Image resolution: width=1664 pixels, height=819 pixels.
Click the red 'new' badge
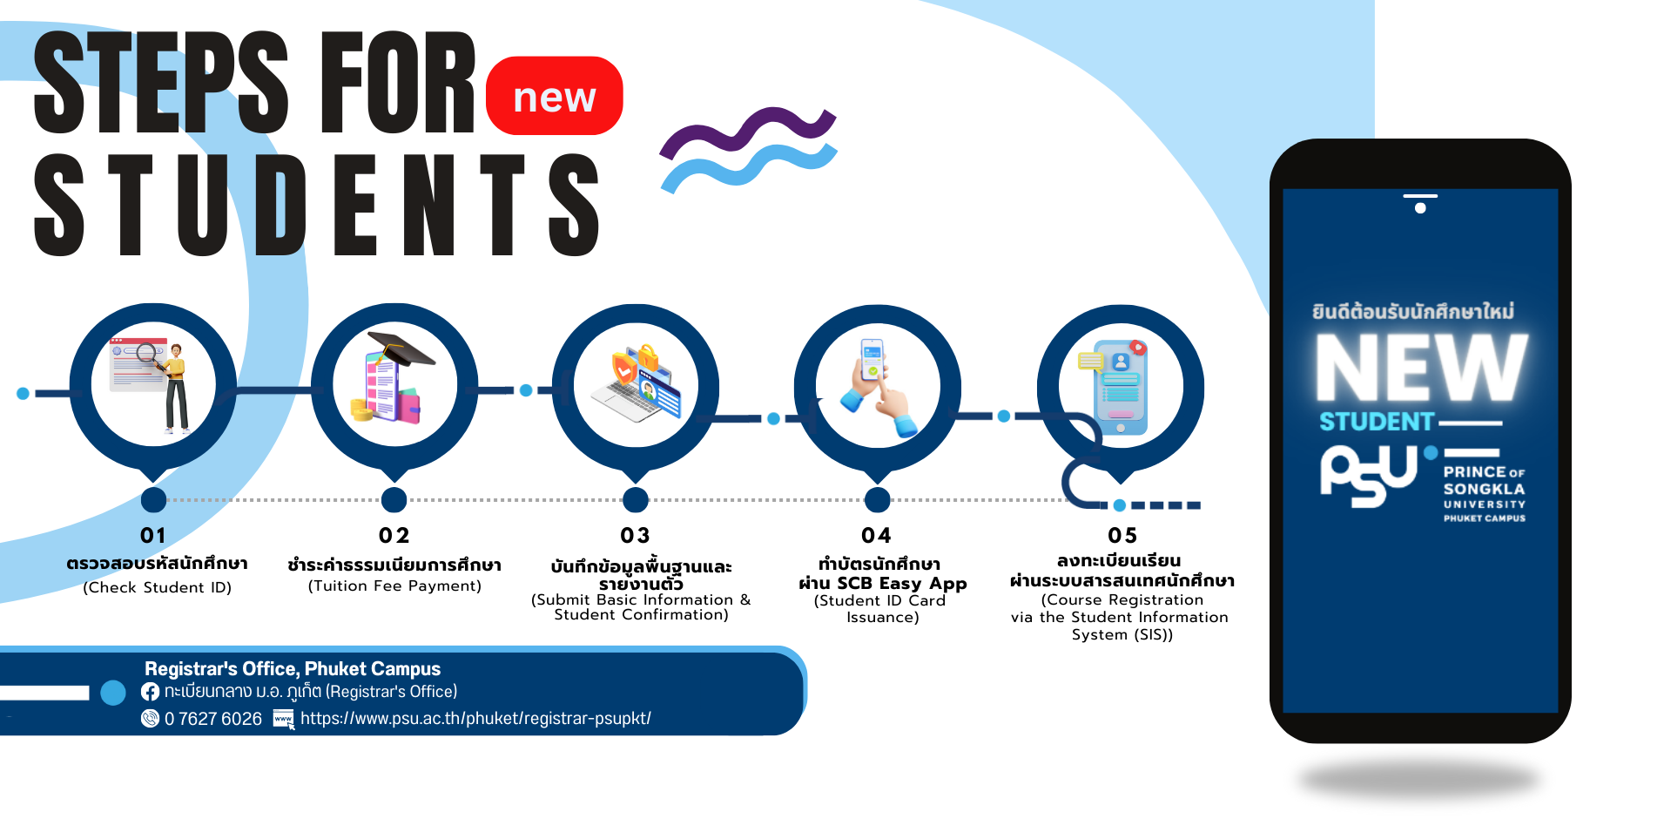point(554,96)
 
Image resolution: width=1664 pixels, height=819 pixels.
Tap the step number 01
point(153,535)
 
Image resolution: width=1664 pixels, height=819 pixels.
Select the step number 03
point(635,535)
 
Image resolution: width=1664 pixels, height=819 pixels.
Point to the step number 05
point(1122,535)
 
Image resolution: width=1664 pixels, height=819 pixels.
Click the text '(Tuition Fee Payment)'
point(394,586)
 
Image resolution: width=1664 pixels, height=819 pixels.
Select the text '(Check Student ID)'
point(158,588)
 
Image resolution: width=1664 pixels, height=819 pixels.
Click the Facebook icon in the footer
point(151,692)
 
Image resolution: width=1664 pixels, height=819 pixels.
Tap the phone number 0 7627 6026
point(213,719)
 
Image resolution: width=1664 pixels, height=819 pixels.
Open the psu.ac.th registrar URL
point(475,719)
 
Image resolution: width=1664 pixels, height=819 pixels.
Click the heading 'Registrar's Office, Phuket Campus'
point(293,669)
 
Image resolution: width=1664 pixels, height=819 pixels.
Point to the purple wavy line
point(747,133)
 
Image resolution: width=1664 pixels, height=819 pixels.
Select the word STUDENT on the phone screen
point(1376,422)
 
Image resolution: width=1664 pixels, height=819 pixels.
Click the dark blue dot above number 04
point(877,500)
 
